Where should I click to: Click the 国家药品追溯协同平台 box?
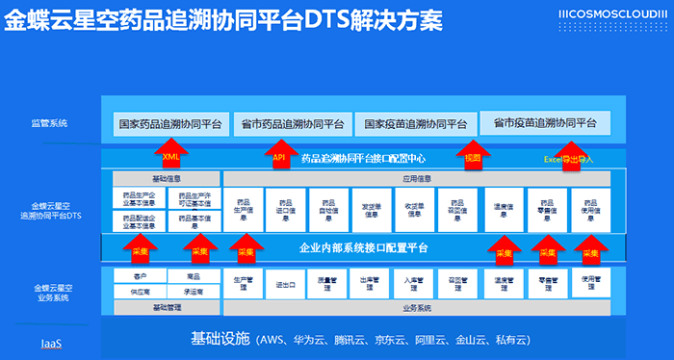(x=169, y=124)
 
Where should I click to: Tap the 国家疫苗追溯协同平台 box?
(x=415, y=124)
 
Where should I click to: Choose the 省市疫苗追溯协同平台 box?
(x=545, y=123)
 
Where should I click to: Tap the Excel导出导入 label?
(x=569, y=158)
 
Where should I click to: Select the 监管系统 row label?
(x=47, y=123)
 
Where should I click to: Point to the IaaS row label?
(x=51, y=343)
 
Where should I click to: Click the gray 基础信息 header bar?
(x=164, y=179)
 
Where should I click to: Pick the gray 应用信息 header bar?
(x=417, y=179)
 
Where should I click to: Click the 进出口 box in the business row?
(x=285, y=285)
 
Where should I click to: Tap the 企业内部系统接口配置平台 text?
(x=363, y=249)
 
